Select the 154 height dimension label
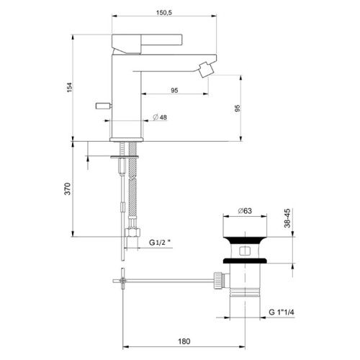[70, 86]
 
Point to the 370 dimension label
[70, 189]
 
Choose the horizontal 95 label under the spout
[174, 90]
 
